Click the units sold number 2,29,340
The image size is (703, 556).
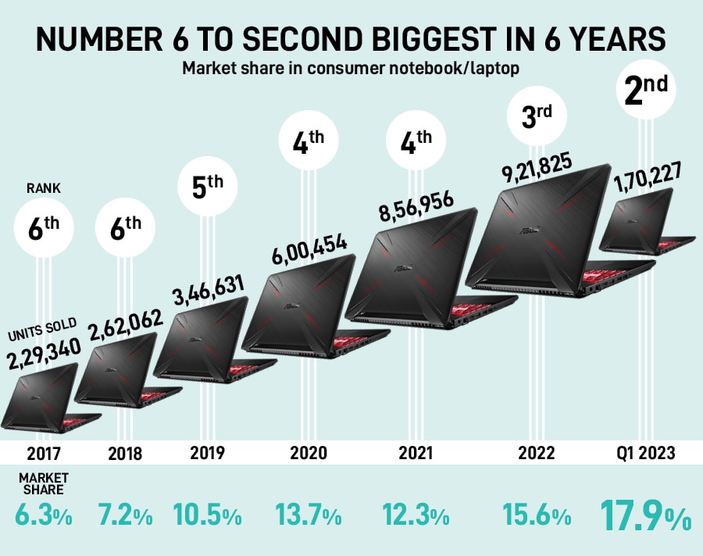pos(43,358)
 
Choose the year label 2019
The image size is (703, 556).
pos(207,453)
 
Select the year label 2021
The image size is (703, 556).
pos(415,453)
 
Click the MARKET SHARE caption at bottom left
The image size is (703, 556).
pos(43,483)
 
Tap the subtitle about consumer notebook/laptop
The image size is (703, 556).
pos(351,68)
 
